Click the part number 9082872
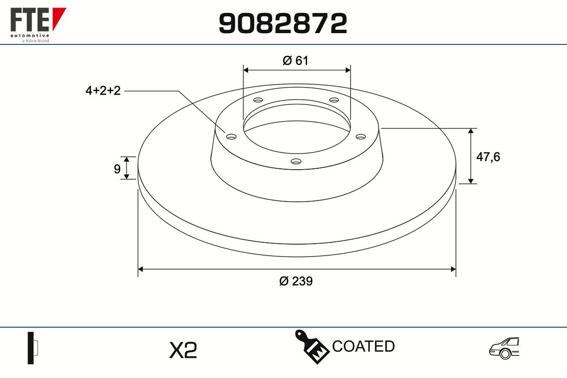tap(283, 23)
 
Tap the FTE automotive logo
tap(38, 25)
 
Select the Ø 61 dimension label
tap(295, 60)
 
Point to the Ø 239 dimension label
tap(296, 281)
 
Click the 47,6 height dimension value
tap(488, 157)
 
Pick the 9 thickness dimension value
tap(117, 169)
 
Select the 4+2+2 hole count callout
tap(103, 91)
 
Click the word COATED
tap(363, 346)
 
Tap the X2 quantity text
tap(183, 350)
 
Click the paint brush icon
tap(312, 346)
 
